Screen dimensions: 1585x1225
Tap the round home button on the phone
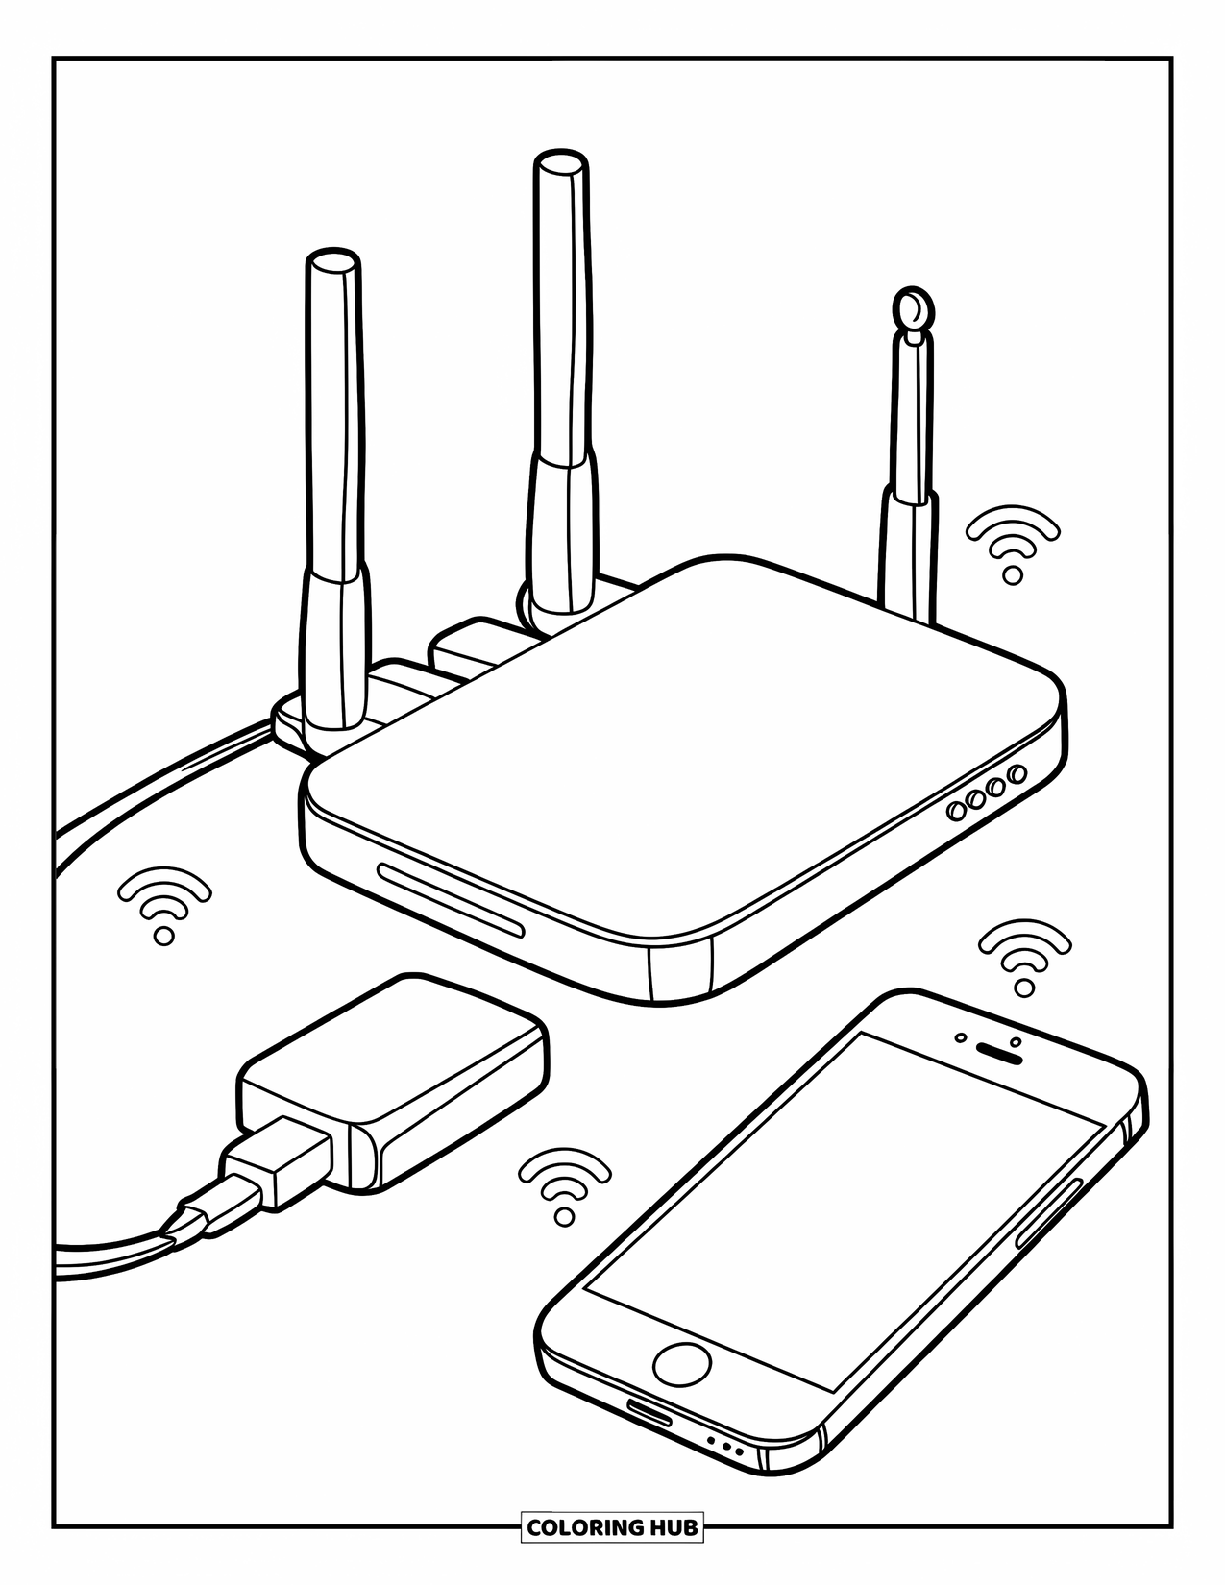pos(682,1363)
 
